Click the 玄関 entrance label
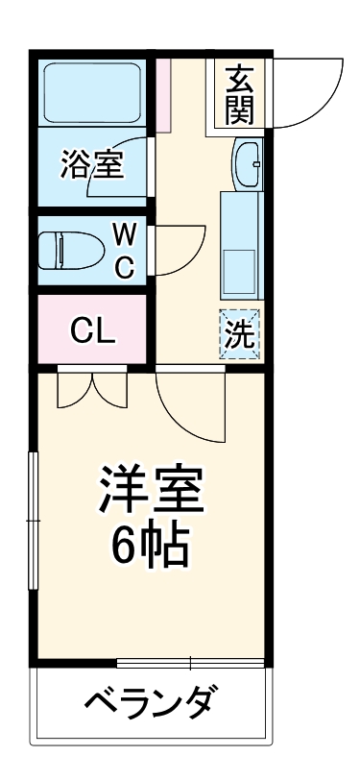[x=239, y=94]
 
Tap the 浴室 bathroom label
[x=92, y=164]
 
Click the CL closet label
[x=92, y=331]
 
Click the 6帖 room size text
[x=151, y=548]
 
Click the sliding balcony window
[x=190, y=662]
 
